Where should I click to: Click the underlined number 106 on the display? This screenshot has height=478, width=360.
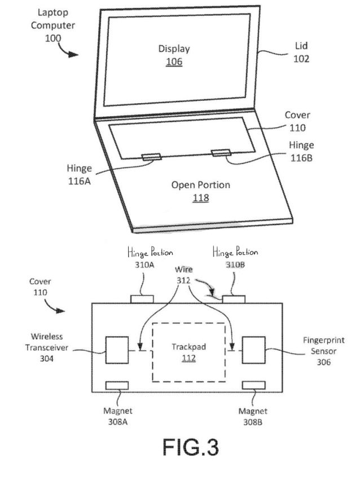(x=174, y=61)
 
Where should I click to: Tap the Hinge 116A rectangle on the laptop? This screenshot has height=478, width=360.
(x=151, y=157)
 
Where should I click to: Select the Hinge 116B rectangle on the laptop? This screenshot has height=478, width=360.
(x=221, y=153)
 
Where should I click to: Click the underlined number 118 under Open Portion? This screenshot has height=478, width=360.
(x=200, y=198)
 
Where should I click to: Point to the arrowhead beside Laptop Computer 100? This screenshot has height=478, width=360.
(x=73, y=55)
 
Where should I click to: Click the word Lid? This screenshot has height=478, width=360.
(x=301, y=46)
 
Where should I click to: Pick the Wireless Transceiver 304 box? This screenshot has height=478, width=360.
(x=117, y=350)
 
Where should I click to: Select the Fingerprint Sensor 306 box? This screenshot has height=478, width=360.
(x=253, y=350)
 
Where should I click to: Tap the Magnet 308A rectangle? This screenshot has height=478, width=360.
(x=117, y=386)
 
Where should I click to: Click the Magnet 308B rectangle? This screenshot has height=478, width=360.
(x=253, y=386)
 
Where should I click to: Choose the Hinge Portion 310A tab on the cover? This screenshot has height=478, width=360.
(x=142, y=299)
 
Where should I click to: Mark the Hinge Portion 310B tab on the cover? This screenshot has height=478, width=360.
(x=234, y=299)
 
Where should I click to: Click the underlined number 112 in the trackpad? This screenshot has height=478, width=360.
(x=188, y=358)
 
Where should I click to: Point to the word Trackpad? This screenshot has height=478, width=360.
(x=188, y=347)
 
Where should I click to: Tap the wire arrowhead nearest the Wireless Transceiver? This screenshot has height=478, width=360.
(x=140, y=347)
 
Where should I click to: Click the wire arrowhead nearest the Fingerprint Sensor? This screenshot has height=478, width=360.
(x=232, y=347)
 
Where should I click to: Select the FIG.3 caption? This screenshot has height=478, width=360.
(x=191, y=447)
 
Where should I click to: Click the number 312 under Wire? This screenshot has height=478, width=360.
(x=183, y=280)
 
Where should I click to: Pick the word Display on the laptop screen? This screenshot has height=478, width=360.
(x=174, y=49)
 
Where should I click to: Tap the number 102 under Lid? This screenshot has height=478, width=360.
(x=301, y=59)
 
